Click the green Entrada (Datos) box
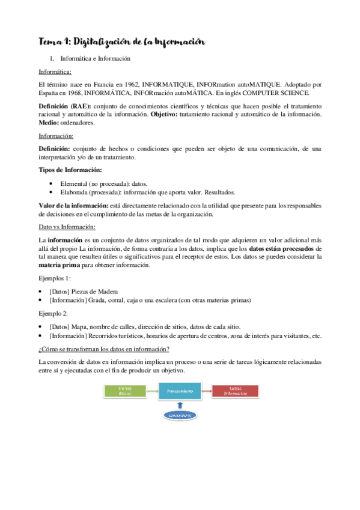126,391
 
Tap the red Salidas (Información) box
236,391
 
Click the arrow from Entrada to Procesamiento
153,391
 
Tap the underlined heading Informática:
54,72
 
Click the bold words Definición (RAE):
62,106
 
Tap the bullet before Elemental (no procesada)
55,183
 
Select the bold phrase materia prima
59,265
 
